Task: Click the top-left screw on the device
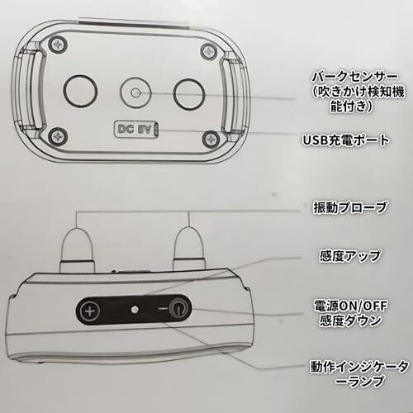click(58, 44)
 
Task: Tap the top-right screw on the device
click(210, 50)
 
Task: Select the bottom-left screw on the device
click(58, 135)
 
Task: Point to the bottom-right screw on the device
click(211, 140)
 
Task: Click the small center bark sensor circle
click(135, 93)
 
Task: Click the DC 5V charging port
click(136, 129)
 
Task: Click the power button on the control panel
click(177, 310)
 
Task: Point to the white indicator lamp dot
click(135, 310)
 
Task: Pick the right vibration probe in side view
click(190, 248)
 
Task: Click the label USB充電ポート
click(346, 140)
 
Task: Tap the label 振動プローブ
click(350, 207)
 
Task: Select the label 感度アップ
click(349, 256)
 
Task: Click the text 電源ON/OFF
click(350, 306)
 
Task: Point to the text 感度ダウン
click(350, 320)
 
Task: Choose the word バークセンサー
click(355, 77)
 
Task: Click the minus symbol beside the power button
click(163, 308)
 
